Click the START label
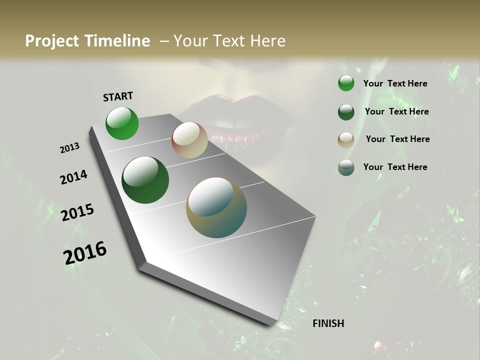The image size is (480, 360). [x=118, y=96]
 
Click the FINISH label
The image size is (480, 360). [x=328, y=323]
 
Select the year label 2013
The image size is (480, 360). [x=69, y=148]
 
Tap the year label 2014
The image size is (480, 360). [x=73, y=177]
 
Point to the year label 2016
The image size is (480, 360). [x=85, y=253]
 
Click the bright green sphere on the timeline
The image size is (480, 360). [x=122, y=123]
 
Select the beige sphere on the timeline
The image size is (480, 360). [x=189, y=140]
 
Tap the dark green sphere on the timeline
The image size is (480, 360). [x=145, y=180]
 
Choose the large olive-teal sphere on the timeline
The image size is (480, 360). [x=216, y=207]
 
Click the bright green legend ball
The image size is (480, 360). [x=346, y=83]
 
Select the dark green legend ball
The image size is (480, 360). [x=346, y=112]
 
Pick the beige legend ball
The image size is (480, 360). [x=346, y=140]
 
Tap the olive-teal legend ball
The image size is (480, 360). [x=346, y=167]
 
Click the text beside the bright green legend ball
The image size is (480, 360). [x=395, y=83]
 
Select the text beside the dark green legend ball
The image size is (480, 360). [x=396, y=111]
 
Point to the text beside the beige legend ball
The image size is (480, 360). [x=397, y=139]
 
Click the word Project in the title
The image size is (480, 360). [x=52, y=41]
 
